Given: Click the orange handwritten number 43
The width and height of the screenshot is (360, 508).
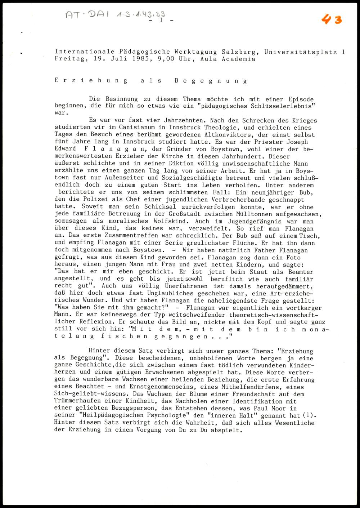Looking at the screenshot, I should tap(332, 19).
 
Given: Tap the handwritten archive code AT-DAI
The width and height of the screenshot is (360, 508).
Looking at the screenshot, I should tap(86, 15).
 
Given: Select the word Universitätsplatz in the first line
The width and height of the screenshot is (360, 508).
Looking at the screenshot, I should tap(301, 52).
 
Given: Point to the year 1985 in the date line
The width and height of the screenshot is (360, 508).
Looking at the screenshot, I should tap(139, 59).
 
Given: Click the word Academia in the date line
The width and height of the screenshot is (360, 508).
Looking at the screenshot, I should tap(238, 59).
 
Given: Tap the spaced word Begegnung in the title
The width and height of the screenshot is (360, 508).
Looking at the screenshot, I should tap(211, 81).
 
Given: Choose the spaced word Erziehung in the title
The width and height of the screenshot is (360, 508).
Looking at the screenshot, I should tap(91, 81).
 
